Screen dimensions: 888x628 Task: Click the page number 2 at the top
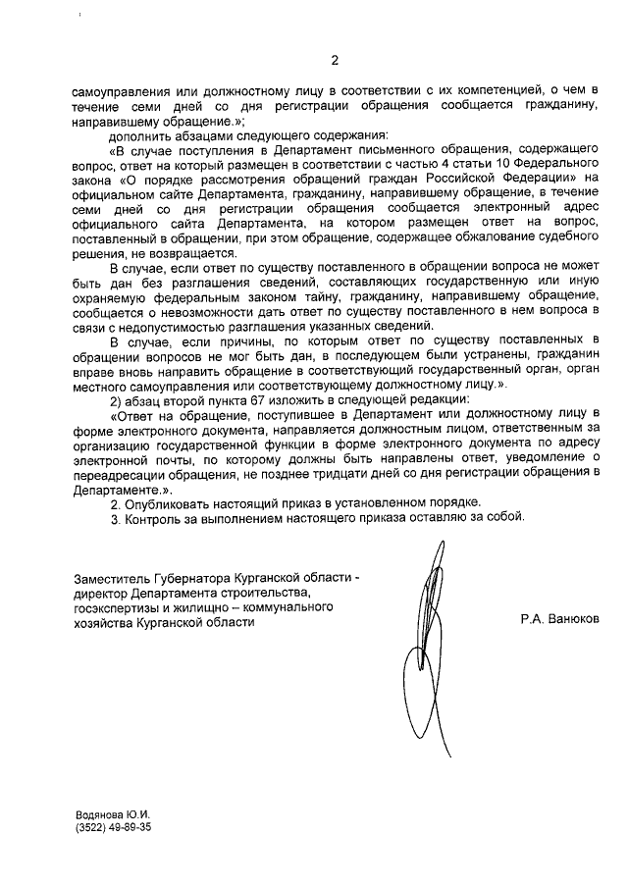(334, 60)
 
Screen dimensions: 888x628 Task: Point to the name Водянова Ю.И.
(112, 814)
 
